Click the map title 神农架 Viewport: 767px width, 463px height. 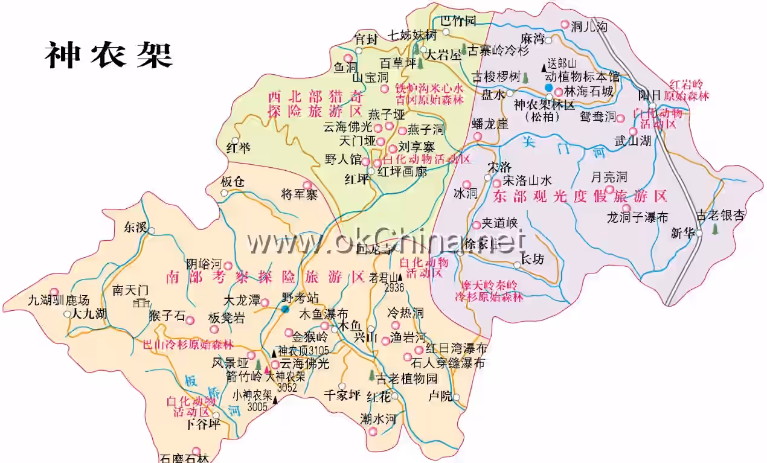[x=109, y=56]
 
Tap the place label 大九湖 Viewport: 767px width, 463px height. [x=89, y=314]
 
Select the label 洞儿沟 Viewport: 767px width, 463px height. [x=589, y=26]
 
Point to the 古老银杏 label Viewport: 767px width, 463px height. [x=721, y=216]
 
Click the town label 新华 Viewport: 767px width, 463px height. [x=682, y=234]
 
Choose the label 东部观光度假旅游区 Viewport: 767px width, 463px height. [x=580, y=196]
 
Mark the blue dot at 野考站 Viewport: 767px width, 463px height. [x=284, y=309]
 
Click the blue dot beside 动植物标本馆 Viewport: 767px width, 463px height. [x=548, y=88]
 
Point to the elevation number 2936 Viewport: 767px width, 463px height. [x=394, y=287]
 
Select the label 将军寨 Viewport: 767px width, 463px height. [x=300, y=194]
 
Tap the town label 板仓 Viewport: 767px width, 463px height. [x=233, y=182]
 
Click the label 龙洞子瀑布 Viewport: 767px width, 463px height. [x=638, y=217]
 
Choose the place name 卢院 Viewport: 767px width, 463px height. [x=440, y=396]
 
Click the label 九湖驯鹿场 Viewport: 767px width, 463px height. [x=59, y=300]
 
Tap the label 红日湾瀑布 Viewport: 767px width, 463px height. [x=456, y=349]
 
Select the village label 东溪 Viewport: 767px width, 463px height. [x=135, y=228]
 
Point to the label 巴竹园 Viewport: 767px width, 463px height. [x=458, y=21]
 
